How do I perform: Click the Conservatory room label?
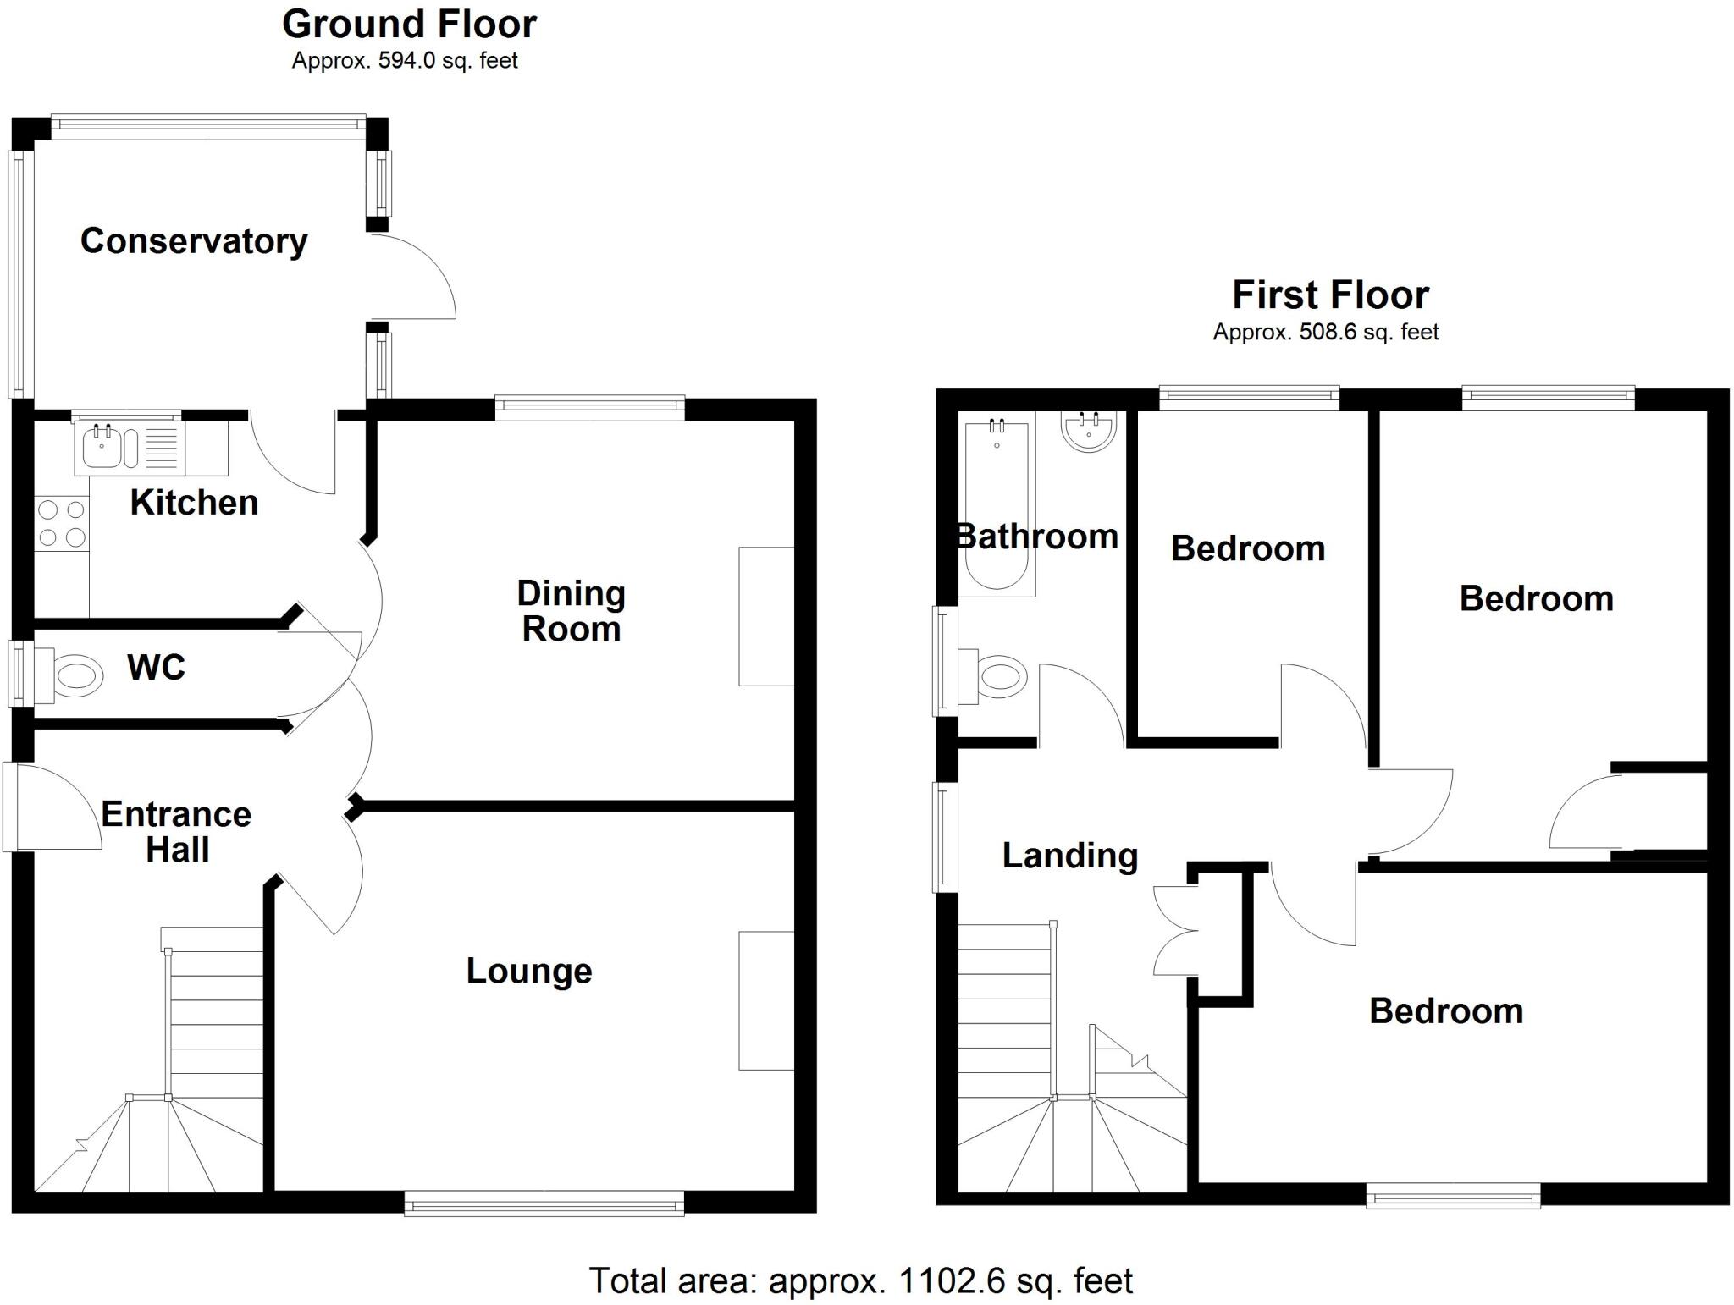pos(194,241)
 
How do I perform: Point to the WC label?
pos(156,668)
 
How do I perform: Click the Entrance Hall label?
pos(176,831)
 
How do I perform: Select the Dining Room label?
pos(572,611)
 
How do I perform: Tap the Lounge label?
pos(529,971)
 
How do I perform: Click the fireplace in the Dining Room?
pos(766,616)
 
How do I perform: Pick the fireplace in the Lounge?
pos(766,1000)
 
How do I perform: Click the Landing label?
pos(1070,856)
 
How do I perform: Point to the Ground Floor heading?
pos(409,25)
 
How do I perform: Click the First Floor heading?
pos(1330,295)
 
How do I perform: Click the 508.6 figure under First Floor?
pos(1328,332)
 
